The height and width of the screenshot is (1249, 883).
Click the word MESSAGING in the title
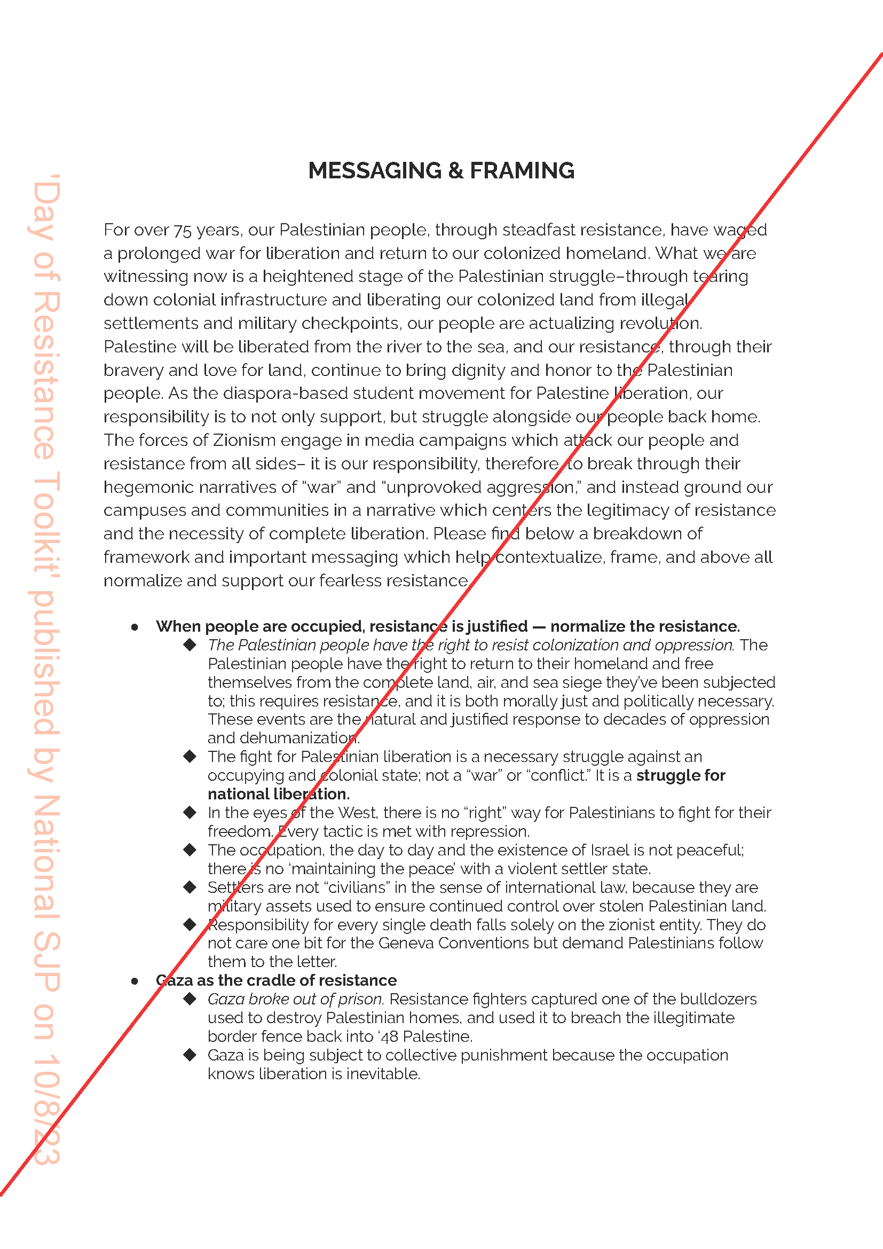[375, 171]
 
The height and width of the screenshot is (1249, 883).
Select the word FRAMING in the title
[522, 171]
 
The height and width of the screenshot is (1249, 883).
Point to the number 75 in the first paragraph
[183, 231]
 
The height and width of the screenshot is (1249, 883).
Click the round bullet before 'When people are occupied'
[135, 627]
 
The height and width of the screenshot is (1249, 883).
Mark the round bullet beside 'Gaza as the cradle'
[135, 981]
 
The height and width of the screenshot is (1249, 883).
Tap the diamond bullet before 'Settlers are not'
[190, 887]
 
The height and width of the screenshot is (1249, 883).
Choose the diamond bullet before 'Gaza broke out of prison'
[190, 999]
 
